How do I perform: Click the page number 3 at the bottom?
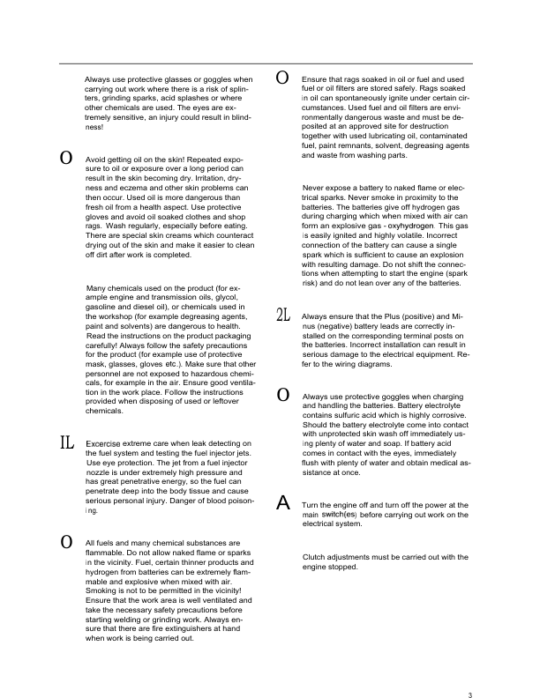(x=470, y=671)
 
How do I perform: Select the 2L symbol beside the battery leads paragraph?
(x=283, y=316)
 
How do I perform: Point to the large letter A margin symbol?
(x=283, y=503)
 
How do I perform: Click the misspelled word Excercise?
(x=105, y=443)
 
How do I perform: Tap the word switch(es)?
(x=339, y=514)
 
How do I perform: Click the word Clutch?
(x=315, y=557)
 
